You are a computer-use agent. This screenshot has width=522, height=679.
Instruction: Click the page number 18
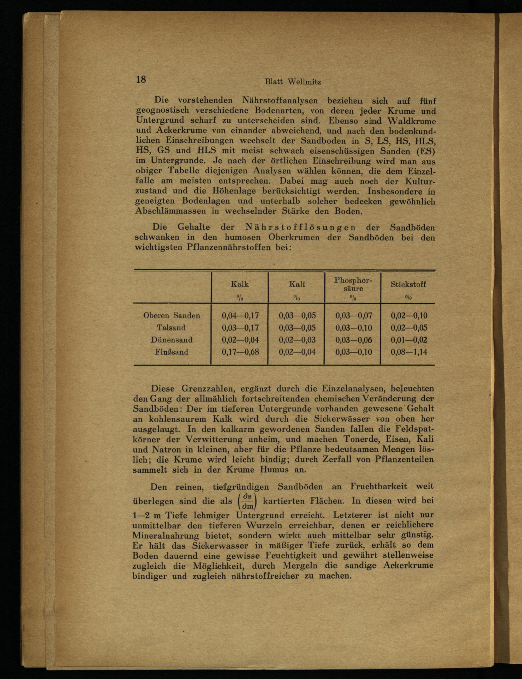(141, 80)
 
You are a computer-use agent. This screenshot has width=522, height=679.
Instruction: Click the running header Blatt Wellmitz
(292, 82)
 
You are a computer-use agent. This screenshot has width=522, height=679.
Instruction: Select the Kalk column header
(240, 284)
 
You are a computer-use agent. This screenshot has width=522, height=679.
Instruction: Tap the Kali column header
(297, 284)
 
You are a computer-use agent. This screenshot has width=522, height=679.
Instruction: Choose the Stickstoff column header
(408, 284)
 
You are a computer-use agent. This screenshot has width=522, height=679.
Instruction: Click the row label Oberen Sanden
(171, 316)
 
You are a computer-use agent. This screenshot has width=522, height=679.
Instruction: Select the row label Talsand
(171, 328)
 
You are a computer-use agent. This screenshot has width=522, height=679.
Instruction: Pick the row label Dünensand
(171, 340)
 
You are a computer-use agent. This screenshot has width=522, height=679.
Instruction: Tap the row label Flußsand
(171, 352)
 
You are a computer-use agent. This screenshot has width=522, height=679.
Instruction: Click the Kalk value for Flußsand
(240, 352)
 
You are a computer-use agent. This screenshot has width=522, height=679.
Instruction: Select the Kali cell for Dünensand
(297, 340)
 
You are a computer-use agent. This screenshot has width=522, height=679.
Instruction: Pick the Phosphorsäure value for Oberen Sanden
(354, 316)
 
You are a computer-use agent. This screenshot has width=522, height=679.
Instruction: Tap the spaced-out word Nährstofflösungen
(300, 227)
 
